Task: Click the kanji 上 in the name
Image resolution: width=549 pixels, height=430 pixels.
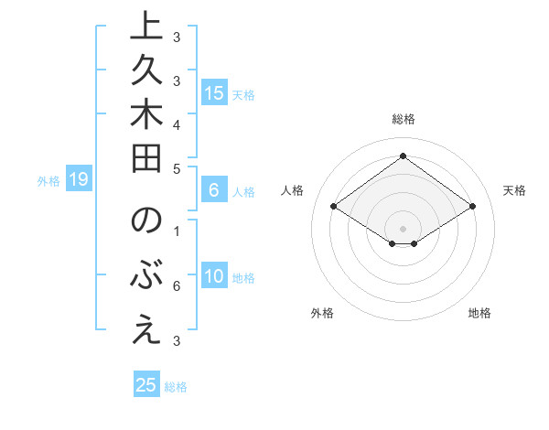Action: [142, 28]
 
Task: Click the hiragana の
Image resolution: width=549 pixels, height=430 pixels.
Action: [142, 223]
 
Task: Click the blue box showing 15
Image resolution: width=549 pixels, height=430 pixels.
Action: [213, 92]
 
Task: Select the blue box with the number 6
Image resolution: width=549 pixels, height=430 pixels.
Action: [213, 190]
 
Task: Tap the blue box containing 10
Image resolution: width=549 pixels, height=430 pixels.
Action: [213, 276]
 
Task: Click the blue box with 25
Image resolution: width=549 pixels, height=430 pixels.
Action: [146, 385]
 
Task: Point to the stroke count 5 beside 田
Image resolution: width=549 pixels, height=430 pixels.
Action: [177, 168]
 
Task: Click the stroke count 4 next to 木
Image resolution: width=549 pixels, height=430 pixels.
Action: [177, 123]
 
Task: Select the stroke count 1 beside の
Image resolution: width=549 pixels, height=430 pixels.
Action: [177, 230]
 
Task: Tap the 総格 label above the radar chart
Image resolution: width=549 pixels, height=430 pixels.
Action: [403, 119]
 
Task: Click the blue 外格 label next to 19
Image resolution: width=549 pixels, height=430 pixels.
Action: [48, 181]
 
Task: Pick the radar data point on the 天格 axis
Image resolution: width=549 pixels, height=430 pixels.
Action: [472, 207]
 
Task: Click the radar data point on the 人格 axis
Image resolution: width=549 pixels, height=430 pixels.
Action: [334, 207]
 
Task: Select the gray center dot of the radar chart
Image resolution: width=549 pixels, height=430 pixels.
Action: [403, 228]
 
